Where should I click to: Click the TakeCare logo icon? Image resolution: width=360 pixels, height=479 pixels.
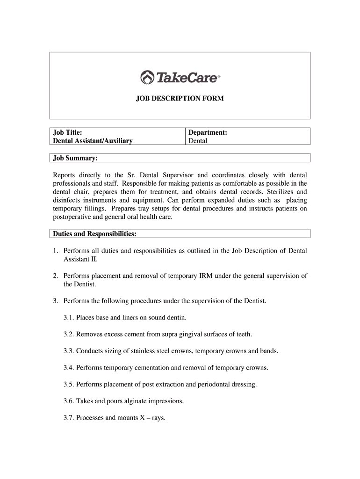coord(147,77)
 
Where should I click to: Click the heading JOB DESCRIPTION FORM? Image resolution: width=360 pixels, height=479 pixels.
coord(180,99)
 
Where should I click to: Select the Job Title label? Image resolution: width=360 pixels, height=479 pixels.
coord(68,132)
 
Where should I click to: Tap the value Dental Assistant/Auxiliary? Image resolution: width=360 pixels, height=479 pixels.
coord(93,140)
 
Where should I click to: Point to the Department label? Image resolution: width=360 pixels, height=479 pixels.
coord(208,132)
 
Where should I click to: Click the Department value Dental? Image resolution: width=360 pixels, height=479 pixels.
coord(198,140)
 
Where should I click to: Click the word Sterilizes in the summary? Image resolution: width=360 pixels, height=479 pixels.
coord(276,192)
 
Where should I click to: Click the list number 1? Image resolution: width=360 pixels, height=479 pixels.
coord(55,251)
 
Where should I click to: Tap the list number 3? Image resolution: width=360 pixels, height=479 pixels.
coord(55,301)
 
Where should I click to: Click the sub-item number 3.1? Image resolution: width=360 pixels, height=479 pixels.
coord(69,318)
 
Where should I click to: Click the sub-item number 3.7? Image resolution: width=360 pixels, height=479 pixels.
coord(69,418)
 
